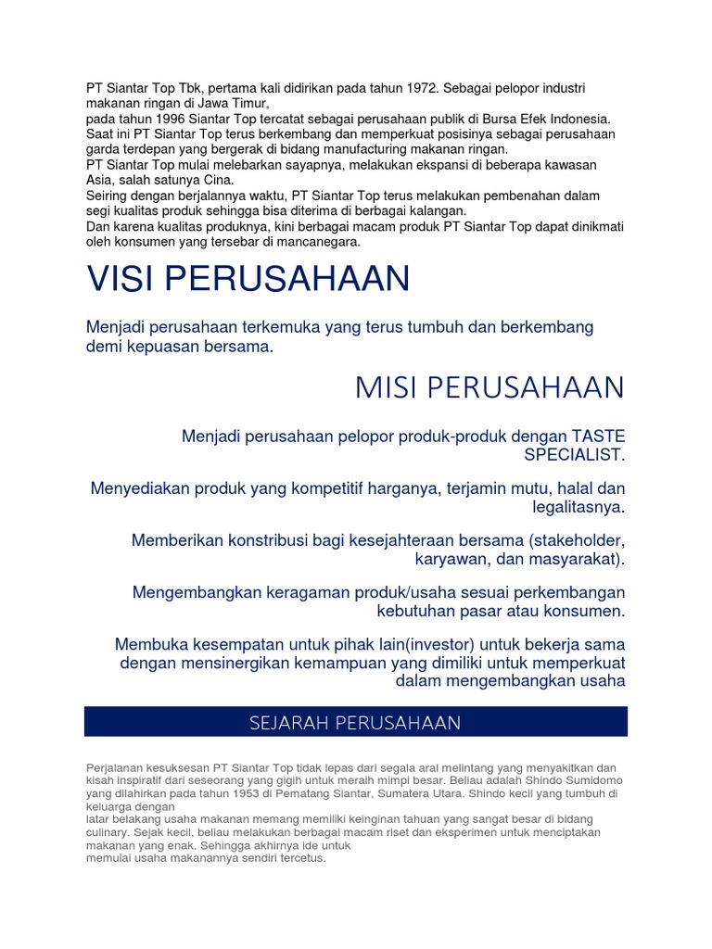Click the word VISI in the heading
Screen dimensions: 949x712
click(124, 278)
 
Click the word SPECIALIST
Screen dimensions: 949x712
click(575, 455)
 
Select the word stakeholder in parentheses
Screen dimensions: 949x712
click(578, 539)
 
